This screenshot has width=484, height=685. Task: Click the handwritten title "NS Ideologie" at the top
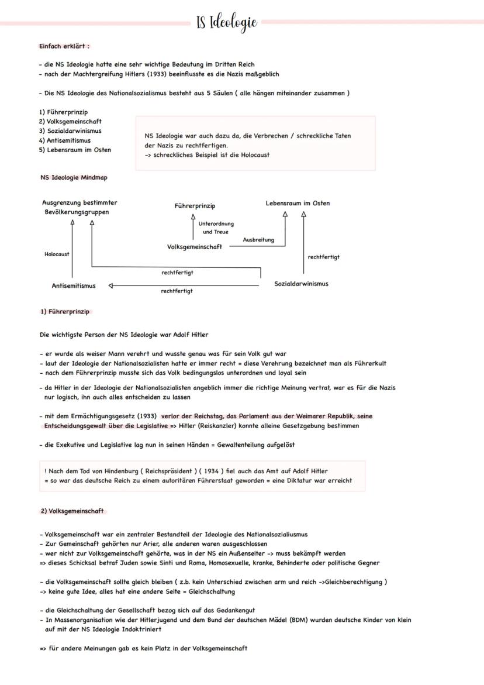tap(227, 23)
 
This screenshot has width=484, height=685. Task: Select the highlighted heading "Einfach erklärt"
tap(64, 46)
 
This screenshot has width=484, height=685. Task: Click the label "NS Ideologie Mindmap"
tap(74, 177)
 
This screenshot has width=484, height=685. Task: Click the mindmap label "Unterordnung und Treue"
tap(216, 228)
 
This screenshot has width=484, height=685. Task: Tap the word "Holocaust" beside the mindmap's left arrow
tap(57, 254)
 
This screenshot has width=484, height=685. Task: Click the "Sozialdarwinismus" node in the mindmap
tap(301, 284)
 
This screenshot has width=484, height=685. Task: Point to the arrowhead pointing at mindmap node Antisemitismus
tap(111, 286)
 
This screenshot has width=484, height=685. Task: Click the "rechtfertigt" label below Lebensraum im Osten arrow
tap(323, 257)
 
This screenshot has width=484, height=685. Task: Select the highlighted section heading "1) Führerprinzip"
tap(64, 312)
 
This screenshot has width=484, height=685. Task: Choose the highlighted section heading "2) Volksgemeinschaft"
tap(72, 511)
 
